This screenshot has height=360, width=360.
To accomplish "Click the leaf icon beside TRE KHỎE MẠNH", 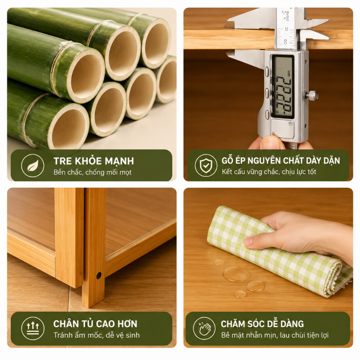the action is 33,166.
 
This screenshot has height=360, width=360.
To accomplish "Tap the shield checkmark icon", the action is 206,165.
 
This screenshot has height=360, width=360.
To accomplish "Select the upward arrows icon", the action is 33,329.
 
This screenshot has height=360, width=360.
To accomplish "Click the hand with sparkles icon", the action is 204,329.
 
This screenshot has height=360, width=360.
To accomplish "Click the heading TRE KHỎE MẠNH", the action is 94,161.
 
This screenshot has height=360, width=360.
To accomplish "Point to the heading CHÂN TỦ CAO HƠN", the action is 95,324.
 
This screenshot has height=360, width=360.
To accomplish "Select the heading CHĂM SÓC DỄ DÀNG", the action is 262,324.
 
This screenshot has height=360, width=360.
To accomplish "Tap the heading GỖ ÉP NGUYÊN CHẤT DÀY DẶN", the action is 281,160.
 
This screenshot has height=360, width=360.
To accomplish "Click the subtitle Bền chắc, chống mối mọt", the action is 92,172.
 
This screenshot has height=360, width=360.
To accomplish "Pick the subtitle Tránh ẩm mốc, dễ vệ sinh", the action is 97,335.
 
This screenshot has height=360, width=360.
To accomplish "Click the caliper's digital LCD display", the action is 283,87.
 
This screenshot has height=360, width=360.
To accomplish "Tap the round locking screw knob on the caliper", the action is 312,96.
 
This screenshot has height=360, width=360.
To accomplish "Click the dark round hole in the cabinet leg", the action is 99,276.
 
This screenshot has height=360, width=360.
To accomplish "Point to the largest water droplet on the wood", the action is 236,274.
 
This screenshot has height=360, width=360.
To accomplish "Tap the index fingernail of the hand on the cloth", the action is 249,241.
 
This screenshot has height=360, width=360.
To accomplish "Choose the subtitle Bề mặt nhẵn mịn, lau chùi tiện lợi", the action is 275,335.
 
